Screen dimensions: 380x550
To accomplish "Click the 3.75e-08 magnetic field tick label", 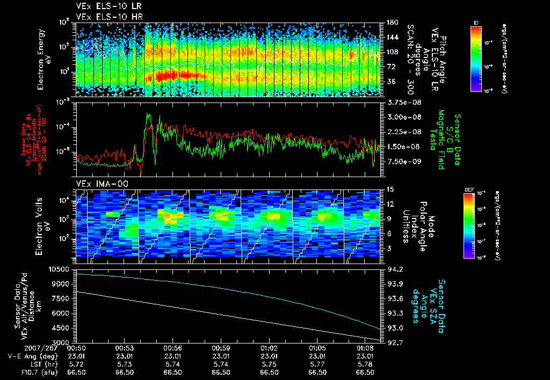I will pyautogui.click(x=403, y=102).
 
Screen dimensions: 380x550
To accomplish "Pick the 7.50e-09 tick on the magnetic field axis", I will pyautogui.click(x=403, y=162).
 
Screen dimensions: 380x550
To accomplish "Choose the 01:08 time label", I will pyautogui.click(x=365, y=348).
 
